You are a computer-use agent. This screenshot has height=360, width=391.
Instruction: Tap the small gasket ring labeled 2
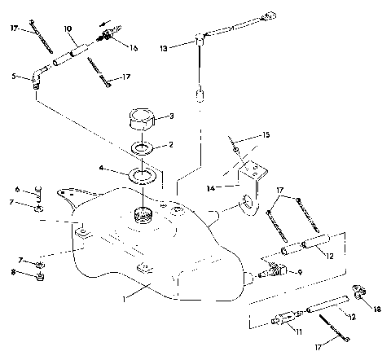(x=143, y=148)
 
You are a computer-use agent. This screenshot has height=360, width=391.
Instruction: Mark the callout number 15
(x=265, y=134)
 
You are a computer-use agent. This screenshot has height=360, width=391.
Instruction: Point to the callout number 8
(x=15, y=274)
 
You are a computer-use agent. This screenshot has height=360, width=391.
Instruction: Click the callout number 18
(x=378, y=310)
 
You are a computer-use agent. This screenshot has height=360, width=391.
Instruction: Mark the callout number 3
(x=170, y=116)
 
